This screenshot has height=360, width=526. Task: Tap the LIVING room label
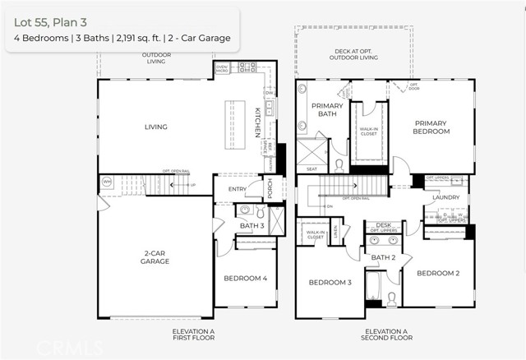(x=155, y=127)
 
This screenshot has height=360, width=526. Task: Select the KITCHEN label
(x=257, y=120)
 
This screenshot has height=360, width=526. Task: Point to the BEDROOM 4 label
(x=246, y=278)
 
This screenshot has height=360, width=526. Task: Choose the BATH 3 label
(x=252, y=225)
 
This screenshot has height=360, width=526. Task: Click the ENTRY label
(x=238, y=189)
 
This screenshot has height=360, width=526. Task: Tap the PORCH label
(x=270, y=189)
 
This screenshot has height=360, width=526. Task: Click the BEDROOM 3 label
(x=330, y=282)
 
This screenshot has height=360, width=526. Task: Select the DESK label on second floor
(x=383, y=224)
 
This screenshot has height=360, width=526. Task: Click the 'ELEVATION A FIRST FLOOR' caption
(x=193, y=334)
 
